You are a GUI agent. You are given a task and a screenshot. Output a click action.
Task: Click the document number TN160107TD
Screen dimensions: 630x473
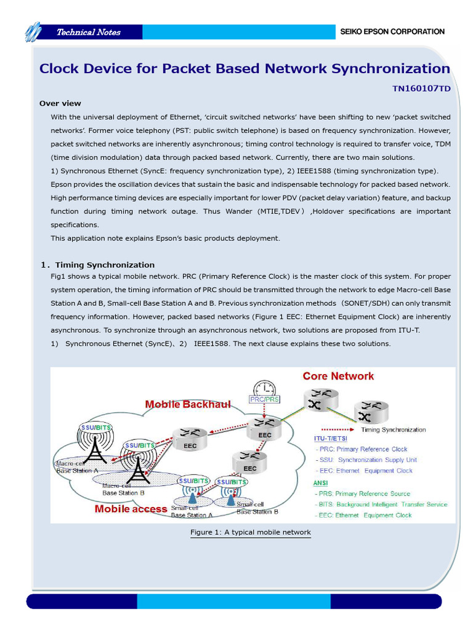421,89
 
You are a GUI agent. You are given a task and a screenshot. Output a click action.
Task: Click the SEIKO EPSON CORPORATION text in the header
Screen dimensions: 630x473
392,31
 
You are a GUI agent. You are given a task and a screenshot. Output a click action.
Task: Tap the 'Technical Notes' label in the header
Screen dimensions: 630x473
89,32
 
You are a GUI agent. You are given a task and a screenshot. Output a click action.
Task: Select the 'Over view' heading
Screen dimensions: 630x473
60,103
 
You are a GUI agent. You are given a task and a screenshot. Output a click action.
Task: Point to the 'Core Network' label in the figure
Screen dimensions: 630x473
338,376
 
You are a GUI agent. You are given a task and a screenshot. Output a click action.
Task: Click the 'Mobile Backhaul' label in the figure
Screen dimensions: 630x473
188,404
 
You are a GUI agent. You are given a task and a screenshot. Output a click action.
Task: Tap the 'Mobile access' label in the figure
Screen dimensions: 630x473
131,509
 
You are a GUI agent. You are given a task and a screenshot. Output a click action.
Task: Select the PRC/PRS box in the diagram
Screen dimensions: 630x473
265,399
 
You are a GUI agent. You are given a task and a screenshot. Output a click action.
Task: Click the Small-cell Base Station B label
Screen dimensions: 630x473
257,508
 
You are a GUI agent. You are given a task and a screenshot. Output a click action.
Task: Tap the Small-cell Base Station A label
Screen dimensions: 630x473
192,512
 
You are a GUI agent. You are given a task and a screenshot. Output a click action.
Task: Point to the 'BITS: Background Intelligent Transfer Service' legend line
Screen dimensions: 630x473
382,504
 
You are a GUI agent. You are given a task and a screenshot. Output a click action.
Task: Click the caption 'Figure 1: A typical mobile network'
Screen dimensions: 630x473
251,532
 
